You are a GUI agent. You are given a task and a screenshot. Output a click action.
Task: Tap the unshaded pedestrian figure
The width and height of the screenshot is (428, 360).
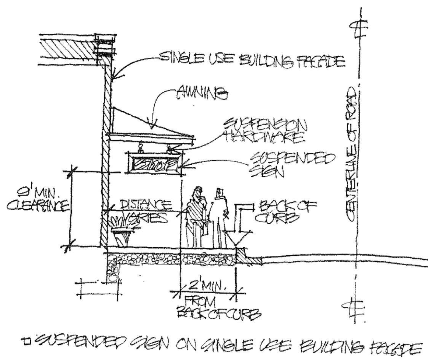[x=218, y=219]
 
